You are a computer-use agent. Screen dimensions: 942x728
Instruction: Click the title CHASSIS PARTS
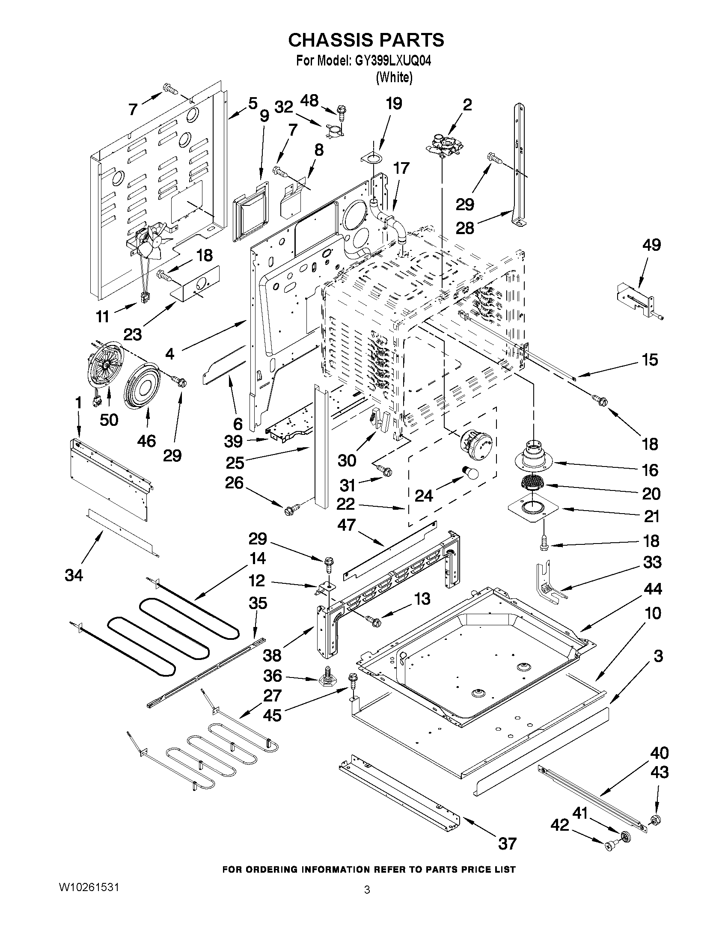click(x=366, y=40)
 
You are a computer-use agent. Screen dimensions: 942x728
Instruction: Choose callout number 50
click(x=109, y=419)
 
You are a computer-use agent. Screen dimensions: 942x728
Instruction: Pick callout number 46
click(x=147, y=441)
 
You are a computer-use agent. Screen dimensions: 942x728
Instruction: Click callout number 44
click(x=652, y=589)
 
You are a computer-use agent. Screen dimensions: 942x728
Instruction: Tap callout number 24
click(x=424, y=496)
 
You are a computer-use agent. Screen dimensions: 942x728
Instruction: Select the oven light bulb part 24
click(x=471, y=473)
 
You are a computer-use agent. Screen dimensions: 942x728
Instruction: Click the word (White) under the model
click(x=394, y=77)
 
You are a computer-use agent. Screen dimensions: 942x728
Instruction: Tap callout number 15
click(x=651, y=359)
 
